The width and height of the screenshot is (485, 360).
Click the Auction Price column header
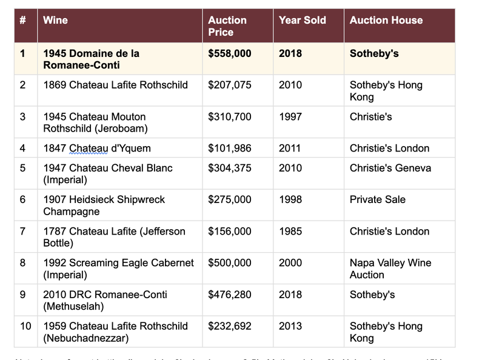point(227,26)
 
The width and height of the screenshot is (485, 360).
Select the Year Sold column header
point(302,20)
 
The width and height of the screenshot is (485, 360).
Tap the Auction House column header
point(386,20)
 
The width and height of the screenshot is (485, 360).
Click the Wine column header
point(55,20)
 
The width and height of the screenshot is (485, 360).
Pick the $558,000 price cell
point(229,53)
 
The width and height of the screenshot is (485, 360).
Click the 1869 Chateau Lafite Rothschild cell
point(115,85)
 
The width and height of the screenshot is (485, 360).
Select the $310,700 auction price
point(229,116)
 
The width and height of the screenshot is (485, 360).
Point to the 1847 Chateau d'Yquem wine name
point(97,148)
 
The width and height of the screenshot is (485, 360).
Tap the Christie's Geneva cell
point(390,168)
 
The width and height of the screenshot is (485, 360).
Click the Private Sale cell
point(378,199)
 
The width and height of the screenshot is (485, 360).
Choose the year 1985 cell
point(290,231)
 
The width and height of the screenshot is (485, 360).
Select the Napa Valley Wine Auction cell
point(390,268)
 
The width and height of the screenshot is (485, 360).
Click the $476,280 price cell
point(229,295)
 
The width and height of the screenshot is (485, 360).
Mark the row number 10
point(25,326)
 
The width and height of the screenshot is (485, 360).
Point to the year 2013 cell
point(290,326)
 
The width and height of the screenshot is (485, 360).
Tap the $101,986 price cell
point(229,148)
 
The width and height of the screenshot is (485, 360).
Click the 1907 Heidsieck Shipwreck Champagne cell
point(104,205)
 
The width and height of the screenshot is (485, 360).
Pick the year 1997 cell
point(290,116)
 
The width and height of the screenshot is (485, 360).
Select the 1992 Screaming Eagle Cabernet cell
point(118,268)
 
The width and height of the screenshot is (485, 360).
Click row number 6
point(23,199)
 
